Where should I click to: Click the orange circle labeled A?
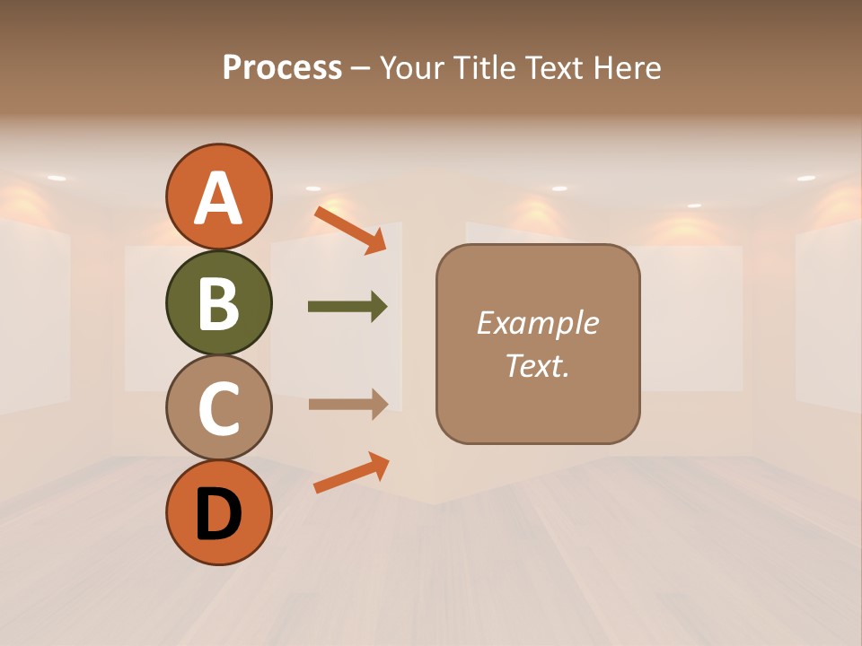click(x=218, y=196)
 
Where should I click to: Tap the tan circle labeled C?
click(x=218, y=408)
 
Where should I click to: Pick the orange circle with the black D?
click(x=218, y=512)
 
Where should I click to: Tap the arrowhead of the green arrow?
click(x=378, y=307)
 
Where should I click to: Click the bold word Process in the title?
click(x=282, y=68)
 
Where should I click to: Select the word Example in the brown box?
click(x=537, y=323)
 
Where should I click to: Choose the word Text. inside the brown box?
click(x=537, y=365)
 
